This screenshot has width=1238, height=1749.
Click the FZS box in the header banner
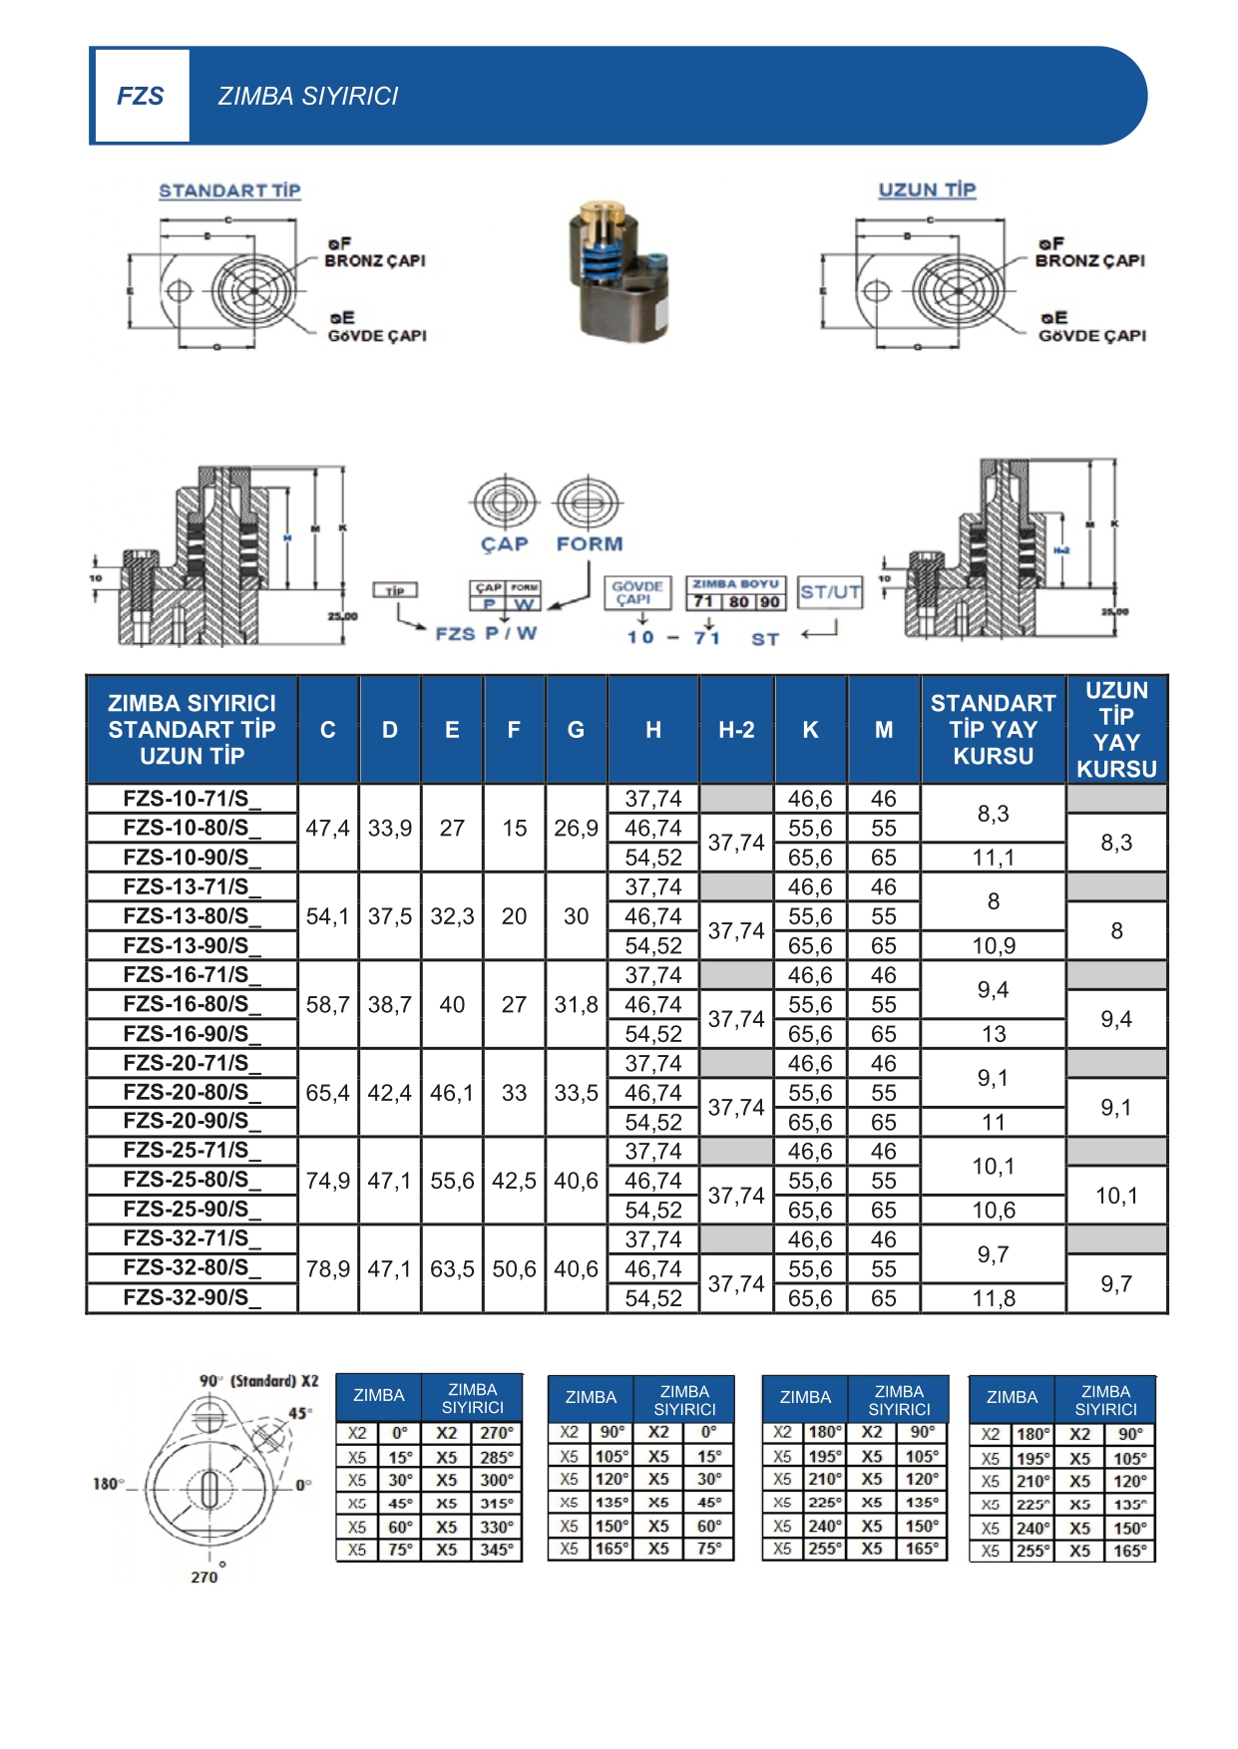coord(141,96)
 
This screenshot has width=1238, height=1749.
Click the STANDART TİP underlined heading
coord(229,190)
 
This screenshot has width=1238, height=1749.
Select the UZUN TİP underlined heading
coord(927,189)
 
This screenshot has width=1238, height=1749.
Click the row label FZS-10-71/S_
coord(192,799)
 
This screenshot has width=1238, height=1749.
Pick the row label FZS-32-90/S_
coord(192,1297)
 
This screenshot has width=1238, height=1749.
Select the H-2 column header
coord(736,730)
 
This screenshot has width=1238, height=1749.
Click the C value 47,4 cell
coord(327,829)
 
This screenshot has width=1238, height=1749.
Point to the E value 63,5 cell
coord(452,1269)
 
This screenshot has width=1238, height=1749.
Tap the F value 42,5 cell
coord(514,1181)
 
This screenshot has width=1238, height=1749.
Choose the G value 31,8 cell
coord(576,1005)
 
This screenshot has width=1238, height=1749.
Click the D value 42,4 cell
coord(389,1093)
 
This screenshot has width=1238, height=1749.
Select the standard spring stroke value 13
coord(994,1034)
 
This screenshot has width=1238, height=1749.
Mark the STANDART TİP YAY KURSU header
coord(993,730)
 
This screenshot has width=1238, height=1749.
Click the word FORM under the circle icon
coord(589,544)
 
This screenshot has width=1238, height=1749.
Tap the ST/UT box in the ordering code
coord(830,592)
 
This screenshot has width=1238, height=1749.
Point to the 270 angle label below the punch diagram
coord(205,1576)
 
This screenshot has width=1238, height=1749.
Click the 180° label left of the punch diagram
coord(108,1484)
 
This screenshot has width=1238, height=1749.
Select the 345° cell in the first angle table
coord(496,1551)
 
